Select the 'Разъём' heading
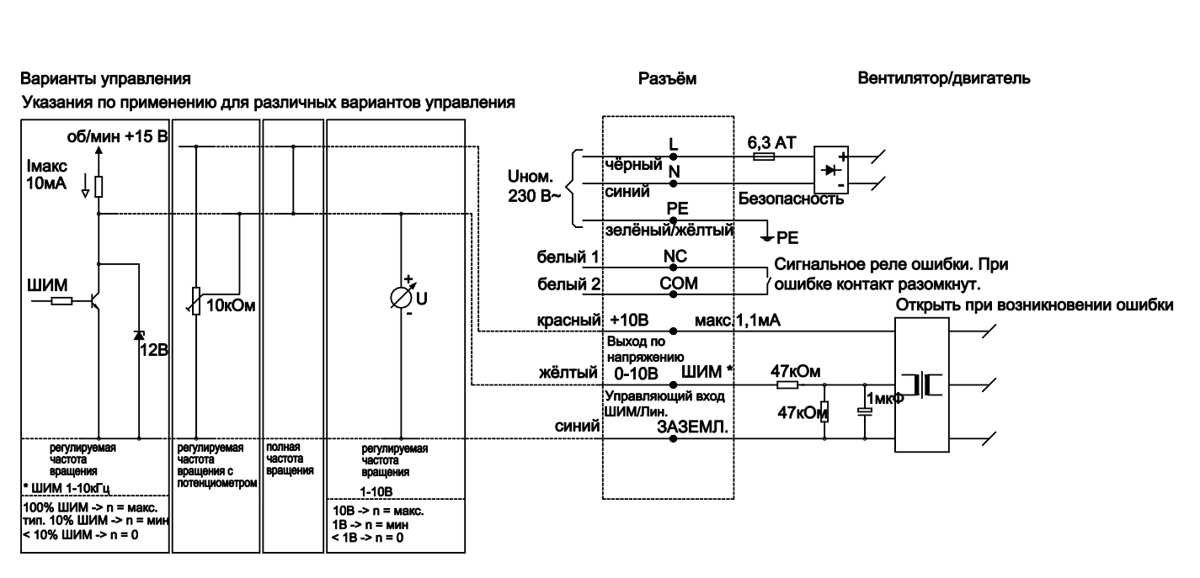pyautogui.click(x=669, y=80)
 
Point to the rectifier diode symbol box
pyautogui.click(x=829, y=169)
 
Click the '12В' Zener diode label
pyautogui.click(x=156, y=350)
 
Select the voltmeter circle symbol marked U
pyautogui.click(x=400, y=297)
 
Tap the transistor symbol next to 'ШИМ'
pyautogui.click(x=94, y=301)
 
